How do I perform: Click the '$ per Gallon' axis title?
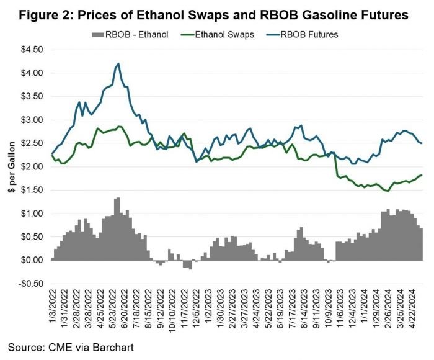pos(11,167)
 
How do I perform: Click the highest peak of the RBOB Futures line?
pos(118,63)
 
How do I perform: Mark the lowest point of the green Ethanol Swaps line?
pos(387,191)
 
